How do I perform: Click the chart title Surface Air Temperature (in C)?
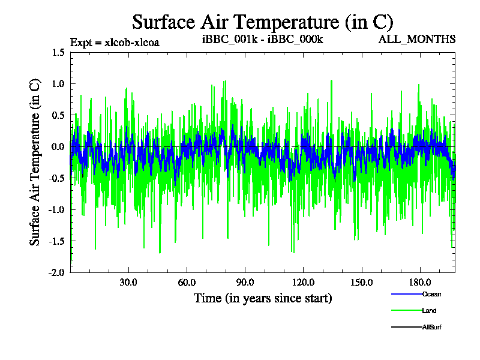pos(262,22)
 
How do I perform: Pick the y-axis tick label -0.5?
pos(56,178)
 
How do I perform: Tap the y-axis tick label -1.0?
pos(56,209)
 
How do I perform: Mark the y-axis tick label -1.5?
pos(56,241)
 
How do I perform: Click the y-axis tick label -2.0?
pos(56,272)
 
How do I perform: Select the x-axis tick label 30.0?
pos(128,282)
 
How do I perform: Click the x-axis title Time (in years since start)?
pos(263,298)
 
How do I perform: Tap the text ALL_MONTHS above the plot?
pos(417,40)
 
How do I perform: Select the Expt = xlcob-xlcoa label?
pos(115,42)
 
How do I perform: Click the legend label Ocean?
pos(432,294)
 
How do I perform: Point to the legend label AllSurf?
pos(433,327)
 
